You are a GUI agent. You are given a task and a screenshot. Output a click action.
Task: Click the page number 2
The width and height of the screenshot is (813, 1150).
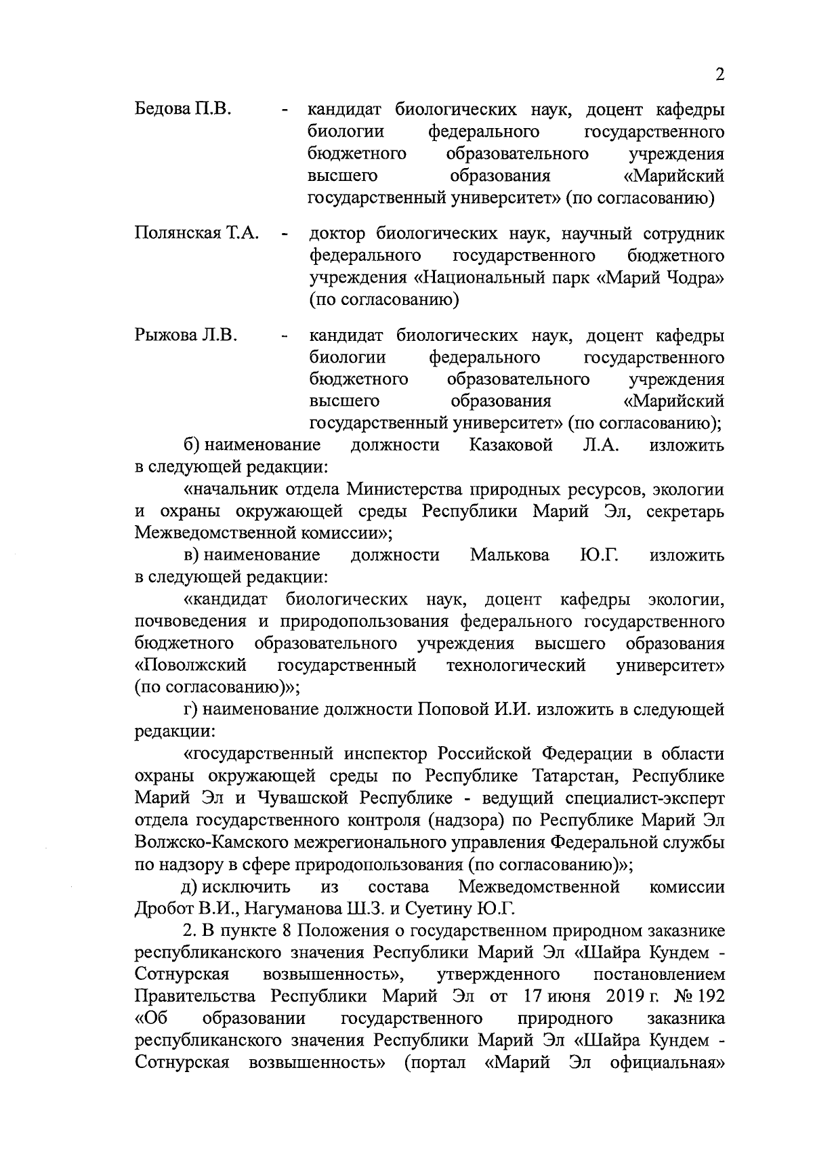pos(720,75)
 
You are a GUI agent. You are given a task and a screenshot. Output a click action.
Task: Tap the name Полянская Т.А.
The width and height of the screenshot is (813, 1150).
pos(197,234)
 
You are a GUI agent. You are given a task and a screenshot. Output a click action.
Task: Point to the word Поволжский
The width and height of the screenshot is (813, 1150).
pos(190,665)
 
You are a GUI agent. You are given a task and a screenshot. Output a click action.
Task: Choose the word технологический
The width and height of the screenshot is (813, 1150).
pos(516,665)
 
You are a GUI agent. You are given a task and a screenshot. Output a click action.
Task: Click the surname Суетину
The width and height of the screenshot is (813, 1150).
pos(424,908)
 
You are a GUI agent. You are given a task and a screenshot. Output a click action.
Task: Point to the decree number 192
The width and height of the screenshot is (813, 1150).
pos(710,997)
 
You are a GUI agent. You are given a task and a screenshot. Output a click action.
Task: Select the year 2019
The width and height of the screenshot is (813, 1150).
pos(622,997)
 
